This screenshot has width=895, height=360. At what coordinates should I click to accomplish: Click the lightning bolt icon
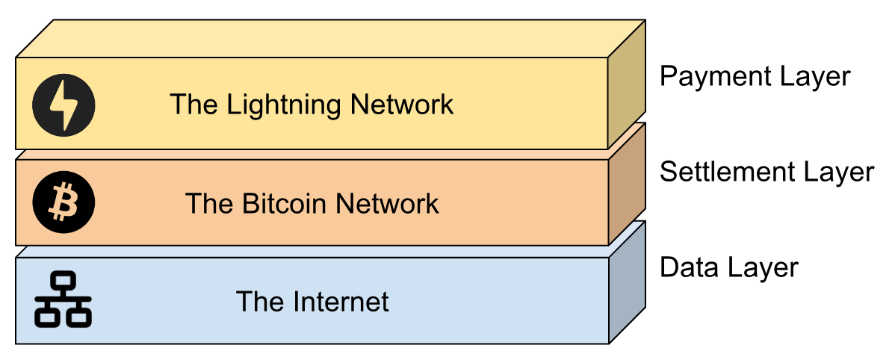click(64, 105)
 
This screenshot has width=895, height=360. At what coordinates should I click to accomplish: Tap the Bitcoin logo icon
click(64, 203)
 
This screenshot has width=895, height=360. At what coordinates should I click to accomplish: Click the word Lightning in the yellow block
click(284, 105)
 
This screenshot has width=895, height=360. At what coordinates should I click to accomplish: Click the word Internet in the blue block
click(338, 301)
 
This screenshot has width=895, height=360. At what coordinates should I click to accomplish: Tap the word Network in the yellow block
click(402, 105)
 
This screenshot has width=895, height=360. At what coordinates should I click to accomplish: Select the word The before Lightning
click(195, 105)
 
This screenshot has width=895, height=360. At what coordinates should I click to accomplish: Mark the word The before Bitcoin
click(210, 203)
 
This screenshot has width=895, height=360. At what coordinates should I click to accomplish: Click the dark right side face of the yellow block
click(626, 84)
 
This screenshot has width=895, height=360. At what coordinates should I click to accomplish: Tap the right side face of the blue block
click(627, 282)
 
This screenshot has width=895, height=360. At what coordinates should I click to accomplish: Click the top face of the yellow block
click(331, 38)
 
